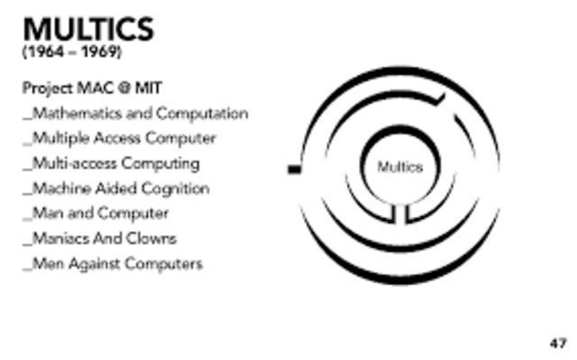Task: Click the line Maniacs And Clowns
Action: pyautogui.click(x=102, y=239)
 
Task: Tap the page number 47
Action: pyautogui.click(x=558, y=343)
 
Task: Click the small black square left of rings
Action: pyautogui.click(x=293, y=168)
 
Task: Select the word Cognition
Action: pyautogui.click(x=177, y=189)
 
